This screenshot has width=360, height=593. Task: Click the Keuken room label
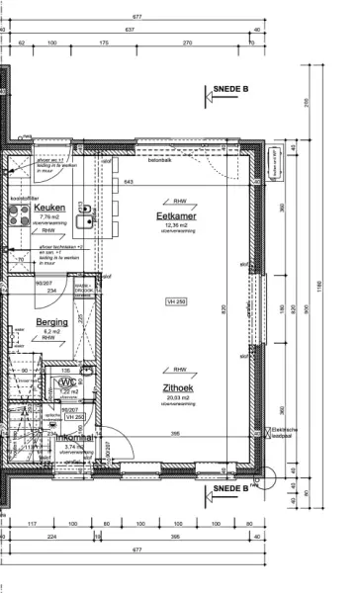tap(49, 208)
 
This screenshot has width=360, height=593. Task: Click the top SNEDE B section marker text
tap(232, 88)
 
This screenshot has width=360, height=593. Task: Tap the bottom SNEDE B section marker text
tap(232, 488)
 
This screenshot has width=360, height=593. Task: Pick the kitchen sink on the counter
tap(87, 210)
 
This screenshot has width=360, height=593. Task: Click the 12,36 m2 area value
tap(179, 224)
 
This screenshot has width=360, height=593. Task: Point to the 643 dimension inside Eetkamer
tap(128, 181)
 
